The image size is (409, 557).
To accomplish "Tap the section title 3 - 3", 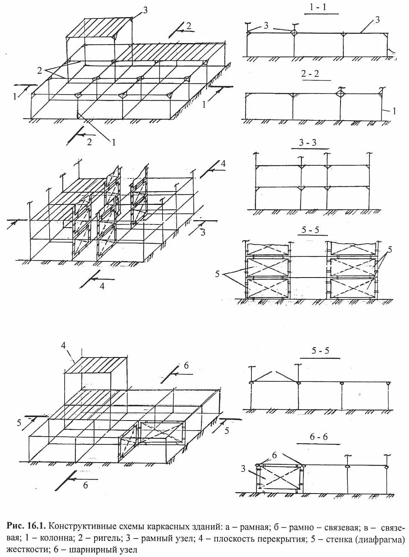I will pos(308,143).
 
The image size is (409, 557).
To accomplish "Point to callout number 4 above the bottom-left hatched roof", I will pos(64,345).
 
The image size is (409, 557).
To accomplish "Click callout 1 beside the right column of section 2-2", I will pos(394,111).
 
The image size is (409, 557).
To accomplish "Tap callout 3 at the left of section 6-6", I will pos(243,468).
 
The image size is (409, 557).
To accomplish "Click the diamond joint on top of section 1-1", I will pos(294,32).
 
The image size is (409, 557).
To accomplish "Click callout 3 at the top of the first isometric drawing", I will pos(145,10).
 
